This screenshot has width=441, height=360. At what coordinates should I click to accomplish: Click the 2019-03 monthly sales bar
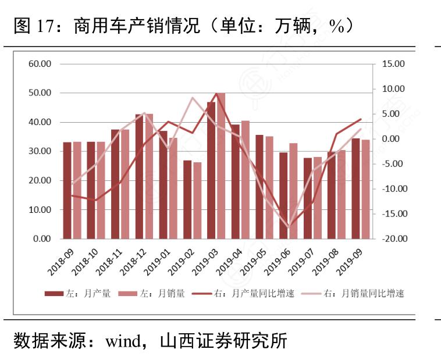tap(221, 166)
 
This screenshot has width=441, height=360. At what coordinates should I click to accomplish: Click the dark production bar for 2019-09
tap(355, 188)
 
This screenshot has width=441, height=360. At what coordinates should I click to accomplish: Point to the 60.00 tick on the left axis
tap(40, 63)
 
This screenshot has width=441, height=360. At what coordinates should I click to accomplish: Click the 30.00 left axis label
tap(40, 151)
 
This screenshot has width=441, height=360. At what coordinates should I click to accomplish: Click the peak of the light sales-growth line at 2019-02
tap(193, 98)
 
